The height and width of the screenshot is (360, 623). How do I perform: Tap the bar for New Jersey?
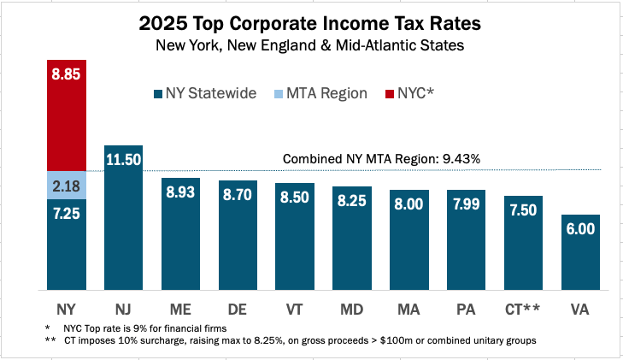(123, 222)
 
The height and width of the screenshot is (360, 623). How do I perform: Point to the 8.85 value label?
(66, 74)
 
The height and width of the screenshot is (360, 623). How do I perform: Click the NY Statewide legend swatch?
(158, 94)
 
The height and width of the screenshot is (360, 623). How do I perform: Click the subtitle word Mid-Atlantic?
(415, 46)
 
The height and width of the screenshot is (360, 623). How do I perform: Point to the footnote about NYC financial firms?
(137, 328)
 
